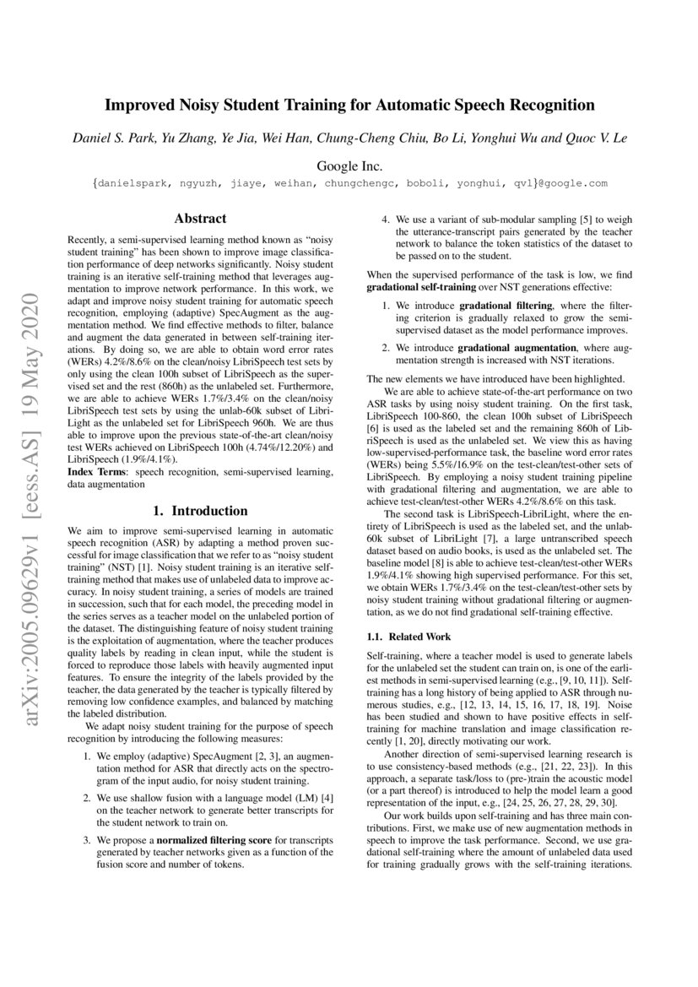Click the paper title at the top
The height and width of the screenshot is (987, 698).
(349, 106)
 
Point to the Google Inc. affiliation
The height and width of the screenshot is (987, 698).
(349, 165)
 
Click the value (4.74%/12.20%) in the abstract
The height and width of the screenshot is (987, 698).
(277, 447)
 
